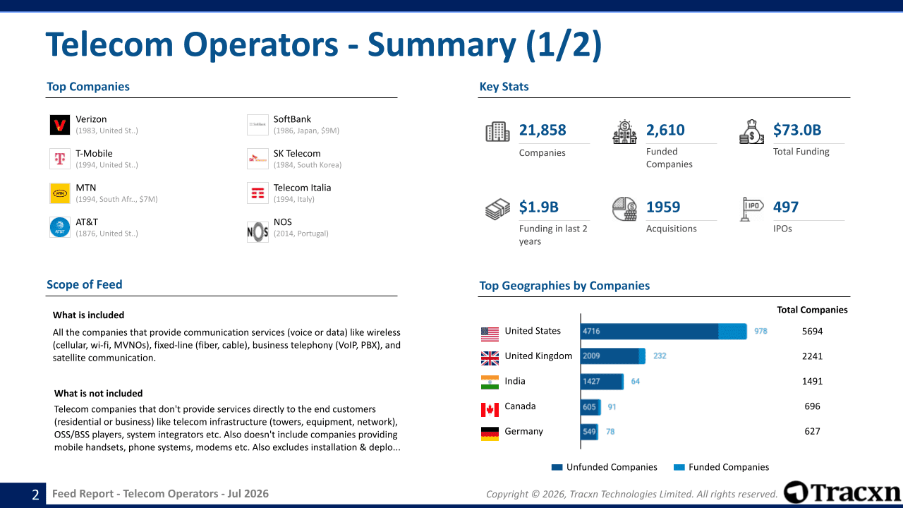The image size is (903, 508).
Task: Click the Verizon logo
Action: click(60, 125)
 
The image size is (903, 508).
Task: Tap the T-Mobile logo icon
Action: click(60, 159)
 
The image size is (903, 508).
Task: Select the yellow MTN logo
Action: click(60, 193)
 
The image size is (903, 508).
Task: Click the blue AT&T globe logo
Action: click(60, 227)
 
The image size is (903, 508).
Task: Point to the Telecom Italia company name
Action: click(302, 188)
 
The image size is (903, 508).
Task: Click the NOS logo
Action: click(257, 232)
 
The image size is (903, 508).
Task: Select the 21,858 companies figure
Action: click(543, 130)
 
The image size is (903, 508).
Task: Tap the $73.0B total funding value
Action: click(797, 130)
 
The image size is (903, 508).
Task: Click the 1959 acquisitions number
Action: click(662, 207)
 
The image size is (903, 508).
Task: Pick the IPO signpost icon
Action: click(751, 209)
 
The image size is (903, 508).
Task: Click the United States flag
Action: click(490, 334)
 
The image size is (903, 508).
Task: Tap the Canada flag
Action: click(490, 410)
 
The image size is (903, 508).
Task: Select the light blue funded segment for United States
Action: click(732, 332)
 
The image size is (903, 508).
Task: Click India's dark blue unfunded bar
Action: click(602, 382)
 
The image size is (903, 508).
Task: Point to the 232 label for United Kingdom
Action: click(660, 356)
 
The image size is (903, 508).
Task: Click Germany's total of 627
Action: click(812, 431)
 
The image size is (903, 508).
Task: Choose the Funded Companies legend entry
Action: click(721, 467)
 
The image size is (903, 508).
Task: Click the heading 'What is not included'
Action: click(98, 394)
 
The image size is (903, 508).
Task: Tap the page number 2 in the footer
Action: click(35, 495)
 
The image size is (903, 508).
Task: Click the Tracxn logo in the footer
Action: click(842, 492)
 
